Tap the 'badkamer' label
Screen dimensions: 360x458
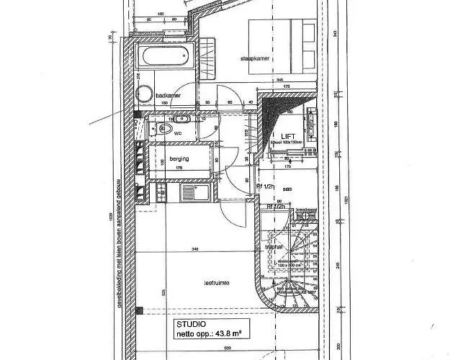(168, 94)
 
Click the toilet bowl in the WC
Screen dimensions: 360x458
(164, 130)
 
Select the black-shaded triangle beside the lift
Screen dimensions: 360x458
(271, 115)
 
